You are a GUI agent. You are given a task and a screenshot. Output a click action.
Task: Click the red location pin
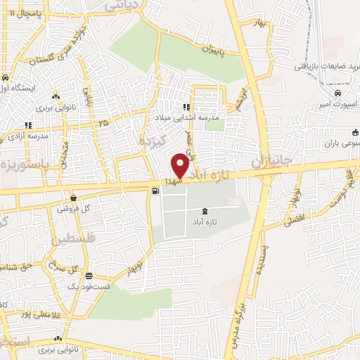(180, 166)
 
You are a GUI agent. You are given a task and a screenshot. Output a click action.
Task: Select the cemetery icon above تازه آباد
(205, 211)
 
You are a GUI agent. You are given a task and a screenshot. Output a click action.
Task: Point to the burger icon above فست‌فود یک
(89, 276)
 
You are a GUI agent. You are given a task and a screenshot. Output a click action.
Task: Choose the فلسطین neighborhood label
(71, 241)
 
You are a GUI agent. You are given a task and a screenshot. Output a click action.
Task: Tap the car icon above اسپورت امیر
(337, 93)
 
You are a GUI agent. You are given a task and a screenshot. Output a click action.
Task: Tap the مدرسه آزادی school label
(27, 136)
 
